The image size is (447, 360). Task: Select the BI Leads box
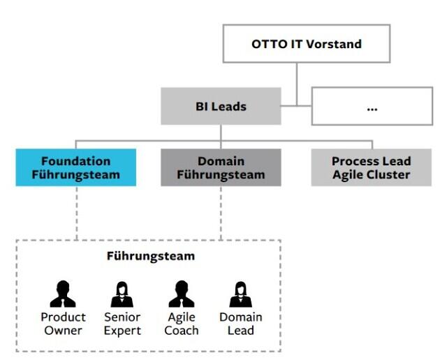click(x=221, y=107)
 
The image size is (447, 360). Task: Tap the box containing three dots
click(x=371, y=107)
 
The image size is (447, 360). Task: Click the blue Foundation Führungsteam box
click(x=76, y=167)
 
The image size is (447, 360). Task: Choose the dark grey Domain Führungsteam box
click(x=221, y=167)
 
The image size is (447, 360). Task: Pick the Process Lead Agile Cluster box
click(x=371, y=167)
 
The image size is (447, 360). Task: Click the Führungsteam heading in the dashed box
click(x=150, y=256)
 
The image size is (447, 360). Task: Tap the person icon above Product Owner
click(x=63, y=294)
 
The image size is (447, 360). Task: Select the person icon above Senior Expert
click(x=122, y=294)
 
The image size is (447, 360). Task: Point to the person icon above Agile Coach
click(x=181, y=294)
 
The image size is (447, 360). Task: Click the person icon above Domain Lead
click(x=240, y=294)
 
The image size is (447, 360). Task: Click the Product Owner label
click(x=63, y=324)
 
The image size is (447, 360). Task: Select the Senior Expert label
click(x=122, y=324)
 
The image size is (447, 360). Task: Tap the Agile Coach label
click(x=181, y=324)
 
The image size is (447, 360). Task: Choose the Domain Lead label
click(x=240, y=324)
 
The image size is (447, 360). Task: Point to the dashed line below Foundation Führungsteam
click(x=76, y=213)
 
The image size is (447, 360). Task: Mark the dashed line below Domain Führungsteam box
click(x=221, y=213)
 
